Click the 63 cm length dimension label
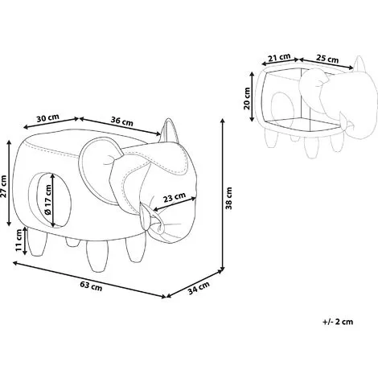click(x=91, y=286)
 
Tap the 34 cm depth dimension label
click(x=199, y=288)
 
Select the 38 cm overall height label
click(x=228, y=198)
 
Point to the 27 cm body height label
click(x=3, y=186)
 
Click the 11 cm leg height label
click(x=18, y=240)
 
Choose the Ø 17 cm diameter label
click(x=47, y=199)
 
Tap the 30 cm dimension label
click(x=47, y=118)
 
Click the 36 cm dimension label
click(x=122, y=121)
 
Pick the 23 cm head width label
click(x=175, y=198)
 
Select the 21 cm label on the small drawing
click(x=279, y=57)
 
